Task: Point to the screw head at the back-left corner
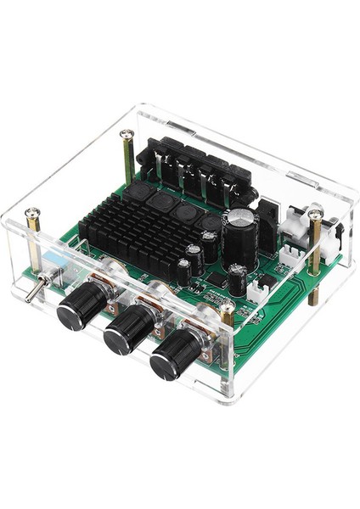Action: click(127, 134)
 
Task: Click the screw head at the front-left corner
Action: click(32, 212)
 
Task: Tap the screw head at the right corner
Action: click(315, 214)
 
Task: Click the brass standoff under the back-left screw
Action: click(127, 161)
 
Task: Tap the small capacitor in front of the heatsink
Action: click(184, 271)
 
